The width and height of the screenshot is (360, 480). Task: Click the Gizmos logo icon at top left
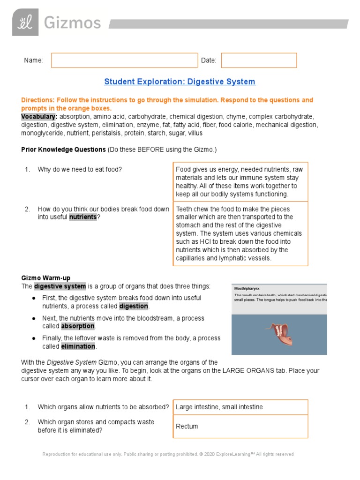[x=25, y=22]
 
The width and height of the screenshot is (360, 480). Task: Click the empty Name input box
[x=124, y=60]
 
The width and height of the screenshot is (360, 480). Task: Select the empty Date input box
[x=259, y=60]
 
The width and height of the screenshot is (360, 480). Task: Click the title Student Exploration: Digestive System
[x=180, y=82]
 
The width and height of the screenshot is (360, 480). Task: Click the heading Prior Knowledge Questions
[x=63, y=150]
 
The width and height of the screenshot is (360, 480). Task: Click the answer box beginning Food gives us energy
[x=240, y=181]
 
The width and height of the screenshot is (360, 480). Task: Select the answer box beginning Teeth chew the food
[x=240, y=233]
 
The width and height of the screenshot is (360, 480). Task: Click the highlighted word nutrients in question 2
[x=83, y=217]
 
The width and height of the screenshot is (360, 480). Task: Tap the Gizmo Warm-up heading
[x=45, y=278]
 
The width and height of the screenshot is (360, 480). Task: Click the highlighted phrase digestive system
[x=60, y=286]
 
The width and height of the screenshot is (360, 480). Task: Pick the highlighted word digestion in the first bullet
[x=134, y=306]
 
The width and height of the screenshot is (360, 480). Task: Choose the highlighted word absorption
[x=78, y=326]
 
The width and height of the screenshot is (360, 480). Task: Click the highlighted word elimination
[x=78, y=346]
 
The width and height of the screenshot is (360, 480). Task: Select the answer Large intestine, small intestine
[x=219, y=407]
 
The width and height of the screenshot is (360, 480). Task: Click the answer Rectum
[x=187, y=427]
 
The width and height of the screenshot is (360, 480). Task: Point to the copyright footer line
[x=168, y=454]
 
